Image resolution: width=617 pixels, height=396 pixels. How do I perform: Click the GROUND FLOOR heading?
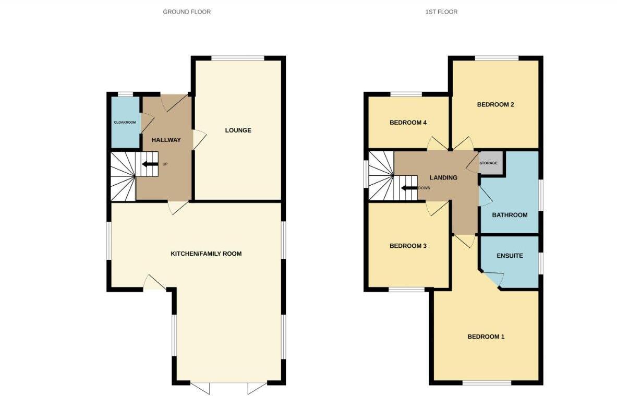coord(187,11)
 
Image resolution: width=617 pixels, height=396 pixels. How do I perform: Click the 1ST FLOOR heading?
coord(441,11)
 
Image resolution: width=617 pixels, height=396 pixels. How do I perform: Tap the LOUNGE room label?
coord(238,130)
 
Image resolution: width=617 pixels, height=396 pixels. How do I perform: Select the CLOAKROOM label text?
coord(125,122)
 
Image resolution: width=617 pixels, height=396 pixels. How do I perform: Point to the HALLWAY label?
coord(166,140)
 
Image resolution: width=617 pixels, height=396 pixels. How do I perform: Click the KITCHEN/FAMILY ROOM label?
coord(206,254)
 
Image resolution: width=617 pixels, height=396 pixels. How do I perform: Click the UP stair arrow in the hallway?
coord(151,164)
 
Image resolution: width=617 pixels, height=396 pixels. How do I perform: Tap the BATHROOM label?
coord(510,215)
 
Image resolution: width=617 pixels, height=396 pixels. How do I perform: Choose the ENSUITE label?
coord(510,256)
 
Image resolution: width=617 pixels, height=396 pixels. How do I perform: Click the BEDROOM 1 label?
coord(486,337)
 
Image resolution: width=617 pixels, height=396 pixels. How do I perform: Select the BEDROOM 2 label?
coord(495,104)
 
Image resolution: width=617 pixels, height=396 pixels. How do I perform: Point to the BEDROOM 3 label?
coord(408,246)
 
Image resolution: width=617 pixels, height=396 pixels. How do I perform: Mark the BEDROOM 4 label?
coord(408,123)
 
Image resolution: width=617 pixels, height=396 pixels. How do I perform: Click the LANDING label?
coord(443,177)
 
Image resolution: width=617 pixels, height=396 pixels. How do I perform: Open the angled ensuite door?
coord(492,280)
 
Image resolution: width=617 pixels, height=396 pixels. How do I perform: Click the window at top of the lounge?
coord(238,58)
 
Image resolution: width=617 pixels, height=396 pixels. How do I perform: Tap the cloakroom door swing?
coord(147,122)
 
